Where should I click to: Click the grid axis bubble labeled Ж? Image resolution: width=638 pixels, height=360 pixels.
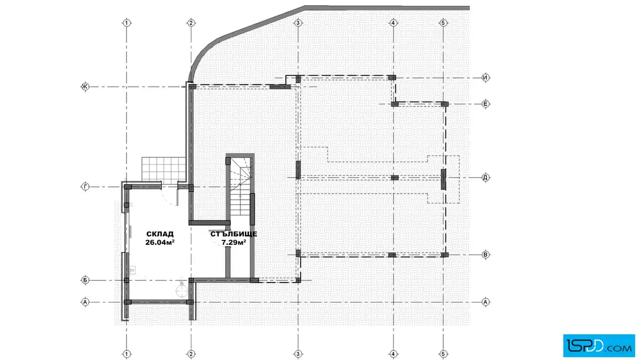[85, 87]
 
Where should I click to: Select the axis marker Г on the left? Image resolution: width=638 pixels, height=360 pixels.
[85, 187]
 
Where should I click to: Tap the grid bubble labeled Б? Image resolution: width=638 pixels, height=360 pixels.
[85, 280]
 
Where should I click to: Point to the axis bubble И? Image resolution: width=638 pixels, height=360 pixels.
[485, 77]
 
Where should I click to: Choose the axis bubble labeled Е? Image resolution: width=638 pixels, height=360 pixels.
[485, 104]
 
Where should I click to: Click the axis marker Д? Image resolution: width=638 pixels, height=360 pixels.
[485, 177]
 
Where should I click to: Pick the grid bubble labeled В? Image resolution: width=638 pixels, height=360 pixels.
[485, 255]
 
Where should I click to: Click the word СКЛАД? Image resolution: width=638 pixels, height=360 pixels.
[160, 234]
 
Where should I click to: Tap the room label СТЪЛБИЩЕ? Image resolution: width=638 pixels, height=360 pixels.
[234, 234]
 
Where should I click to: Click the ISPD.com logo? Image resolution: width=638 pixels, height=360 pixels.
[599, 345]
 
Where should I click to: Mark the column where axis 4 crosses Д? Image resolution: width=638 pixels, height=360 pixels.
[394, 178]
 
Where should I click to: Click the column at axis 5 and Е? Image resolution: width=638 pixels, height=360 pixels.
[444, 105]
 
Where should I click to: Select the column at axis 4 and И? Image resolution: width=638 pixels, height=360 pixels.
[392, 77]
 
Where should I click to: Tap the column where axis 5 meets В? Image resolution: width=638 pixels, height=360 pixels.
[444, 255]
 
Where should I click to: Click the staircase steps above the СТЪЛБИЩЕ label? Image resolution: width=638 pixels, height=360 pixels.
[240, 187]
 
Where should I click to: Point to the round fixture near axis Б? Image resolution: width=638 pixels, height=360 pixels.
[182, 291]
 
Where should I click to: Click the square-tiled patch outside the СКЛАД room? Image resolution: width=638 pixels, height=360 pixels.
[163, 168]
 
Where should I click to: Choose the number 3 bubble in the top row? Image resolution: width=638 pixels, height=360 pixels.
[298, 23]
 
